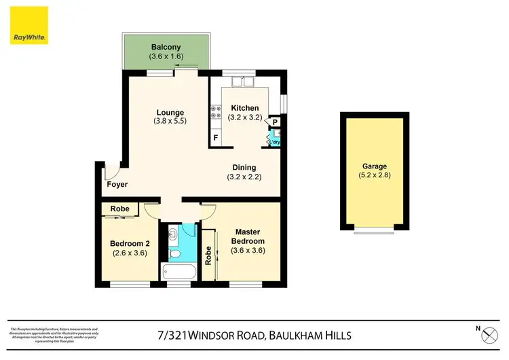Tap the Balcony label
165,47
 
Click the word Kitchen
244,108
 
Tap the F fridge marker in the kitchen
216,138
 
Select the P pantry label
276,123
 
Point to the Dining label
244,168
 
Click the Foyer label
117,185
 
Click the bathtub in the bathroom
179,272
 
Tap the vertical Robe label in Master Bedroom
208,255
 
